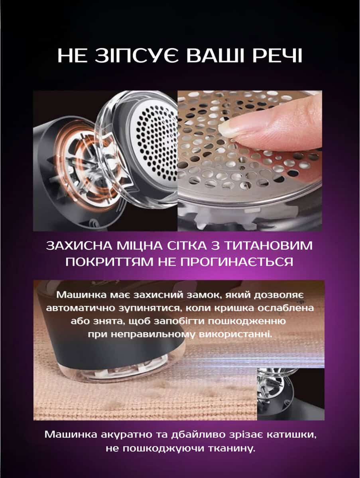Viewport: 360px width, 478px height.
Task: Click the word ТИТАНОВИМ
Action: [268, 246]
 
